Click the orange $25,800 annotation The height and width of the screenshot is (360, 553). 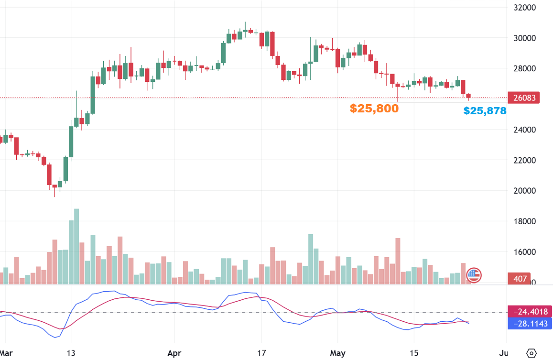point(374,109)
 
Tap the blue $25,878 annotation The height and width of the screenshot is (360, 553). point(485,111)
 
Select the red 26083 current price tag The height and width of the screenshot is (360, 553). point(524,98)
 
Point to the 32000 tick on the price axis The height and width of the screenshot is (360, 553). point(524,8)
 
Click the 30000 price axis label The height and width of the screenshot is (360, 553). point(524,38)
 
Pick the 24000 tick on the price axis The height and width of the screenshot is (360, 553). point(524,130)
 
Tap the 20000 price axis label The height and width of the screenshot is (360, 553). point(524,191)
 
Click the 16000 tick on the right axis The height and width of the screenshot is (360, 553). point(524,252)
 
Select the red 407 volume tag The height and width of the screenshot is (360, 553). point(520,279)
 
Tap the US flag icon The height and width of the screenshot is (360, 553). point(474,275)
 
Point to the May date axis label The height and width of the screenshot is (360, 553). point(338,353)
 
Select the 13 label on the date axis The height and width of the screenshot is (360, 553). point(71,353)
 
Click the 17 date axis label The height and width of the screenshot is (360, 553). point(261,353)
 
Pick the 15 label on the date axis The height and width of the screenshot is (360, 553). point(414,353)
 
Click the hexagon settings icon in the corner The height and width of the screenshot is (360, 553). point(531,353)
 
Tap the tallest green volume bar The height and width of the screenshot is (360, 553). point(76,246)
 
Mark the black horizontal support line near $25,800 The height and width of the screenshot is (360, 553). point(430,102)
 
